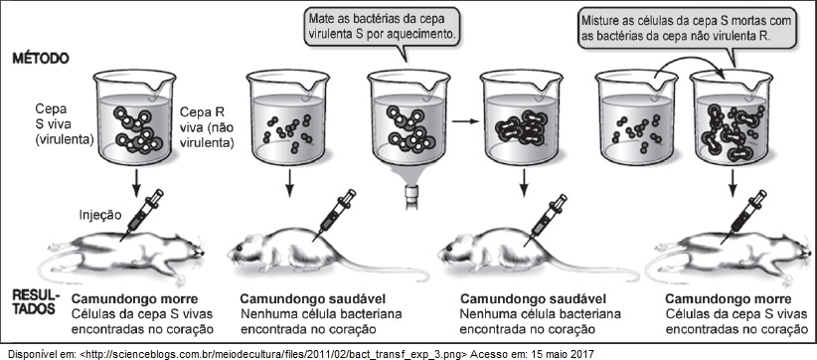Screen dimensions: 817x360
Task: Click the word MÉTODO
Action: click(41, 58)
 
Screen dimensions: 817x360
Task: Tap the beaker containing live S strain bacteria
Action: click(135, 117)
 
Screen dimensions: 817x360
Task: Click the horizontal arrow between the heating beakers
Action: click(465, 121)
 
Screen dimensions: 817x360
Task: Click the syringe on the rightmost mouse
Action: click(743, 215)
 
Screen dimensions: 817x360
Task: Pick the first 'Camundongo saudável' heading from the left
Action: click(313, 299)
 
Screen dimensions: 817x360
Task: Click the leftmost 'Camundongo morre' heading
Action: click(134, 299)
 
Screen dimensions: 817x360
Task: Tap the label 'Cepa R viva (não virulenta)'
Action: click(207, 126)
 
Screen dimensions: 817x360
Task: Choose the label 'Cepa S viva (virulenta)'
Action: click(65, 124)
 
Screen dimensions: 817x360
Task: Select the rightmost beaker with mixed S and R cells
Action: click(733, 117)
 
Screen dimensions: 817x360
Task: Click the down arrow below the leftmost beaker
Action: click(135, 183)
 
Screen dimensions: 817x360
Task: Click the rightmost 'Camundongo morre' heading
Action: click(729, 299)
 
